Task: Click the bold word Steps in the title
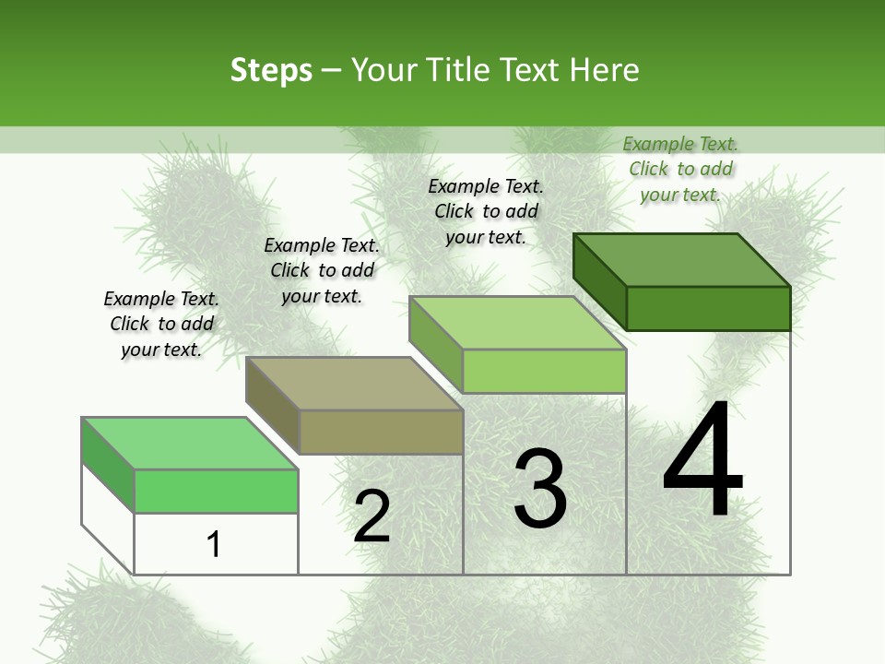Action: coord(271,70)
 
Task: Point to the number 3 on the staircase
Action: coord(539,489)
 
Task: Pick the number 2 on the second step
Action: coord(372,516)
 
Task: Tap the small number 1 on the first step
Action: coord(214,544)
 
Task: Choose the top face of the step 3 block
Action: coord(518,323)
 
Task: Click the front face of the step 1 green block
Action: coord(216,491)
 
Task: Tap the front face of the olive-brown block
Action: coord(381,432)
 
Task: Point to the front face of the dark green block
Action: coord(708,308)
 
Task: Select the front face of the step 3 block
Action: coord(544,371)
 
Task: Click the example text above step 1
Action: coord(161,324)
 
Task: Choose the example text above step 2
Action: coord(322,270)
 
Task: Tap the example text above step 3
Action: coord(486,211)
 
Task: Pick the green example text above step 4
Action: coord(680,169)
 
